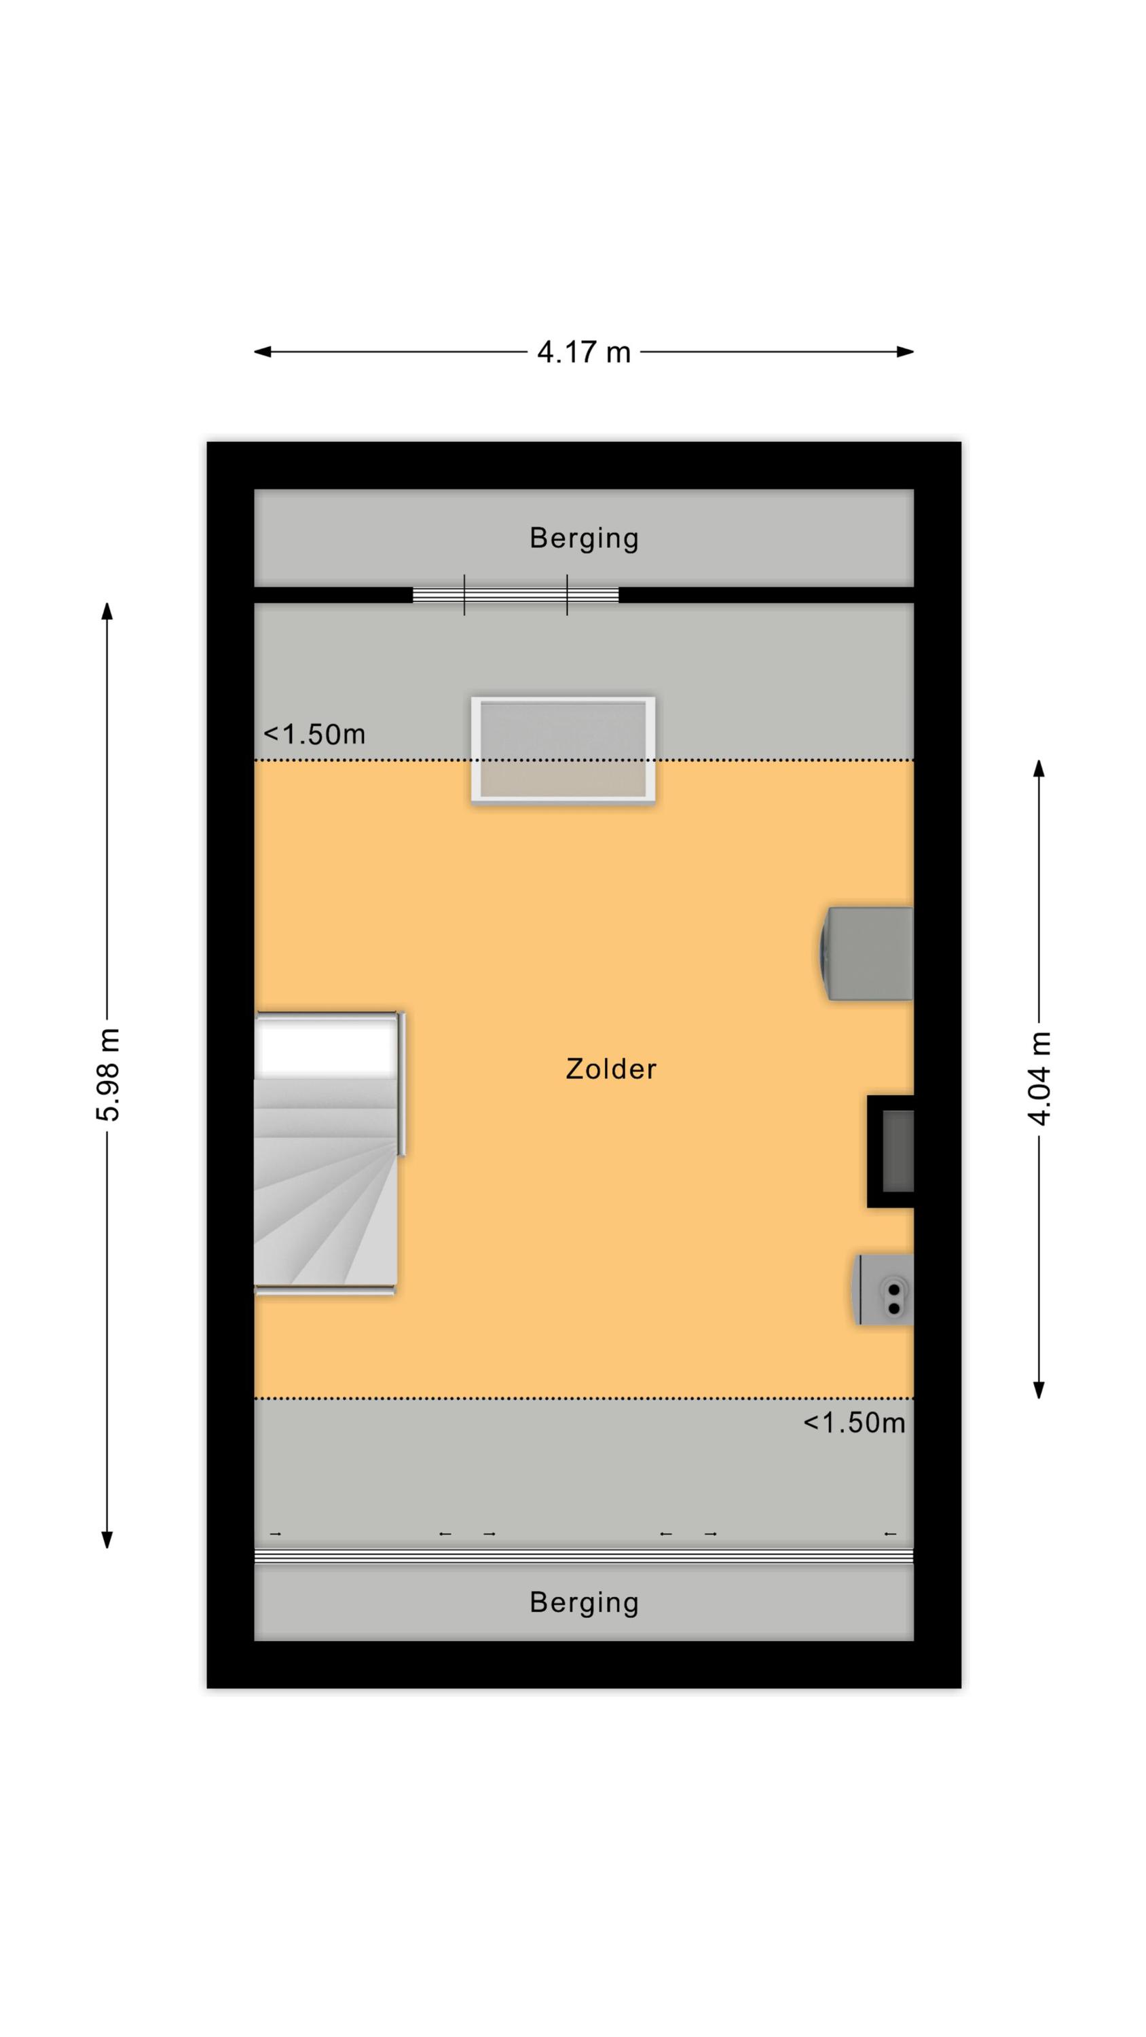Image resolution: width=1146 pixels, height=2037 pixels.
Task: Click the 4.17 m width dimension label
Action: pos(584,352)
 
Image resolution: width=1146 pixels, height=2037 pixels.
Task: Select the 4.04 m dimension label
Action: pos(1039,1078)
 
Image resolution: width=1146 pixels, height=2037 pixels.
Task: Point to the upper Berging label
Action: pos(584,538)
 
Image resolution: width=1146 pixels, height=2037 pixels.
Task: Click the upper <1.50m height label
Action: pos(314,735)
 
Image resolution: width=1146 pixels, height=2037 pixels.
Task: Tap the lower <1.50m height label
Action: pos(854,1423)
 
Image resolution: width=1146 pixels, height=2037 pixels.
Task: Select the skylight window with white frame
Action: pos(563,750)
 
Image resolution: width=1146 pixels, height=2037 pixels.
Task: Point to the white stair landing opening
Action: pos(327,1046)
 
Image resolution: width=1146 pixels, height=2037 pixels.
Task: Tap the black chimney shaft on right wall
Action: pos(891,1152)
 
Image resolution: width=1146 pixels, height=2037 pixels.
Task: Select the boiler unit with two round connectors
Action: pos(883,1289)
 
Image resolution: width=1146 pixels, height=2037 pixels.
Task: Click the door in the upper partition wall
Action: pos(516,595)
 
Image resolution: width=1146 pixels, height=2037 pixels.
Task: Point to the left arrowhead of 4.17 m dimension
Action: pos(262,352)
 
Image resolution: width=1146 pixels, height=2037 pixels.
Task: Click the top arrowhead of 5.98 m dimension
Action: pos(107,611)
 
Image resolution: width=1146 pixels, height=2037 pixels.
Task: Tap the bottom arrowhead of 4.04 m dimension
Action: pos(1039,1389)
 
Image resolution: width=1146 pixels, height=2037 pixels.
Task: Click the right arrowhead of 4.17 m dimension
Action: pos(906,352)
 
